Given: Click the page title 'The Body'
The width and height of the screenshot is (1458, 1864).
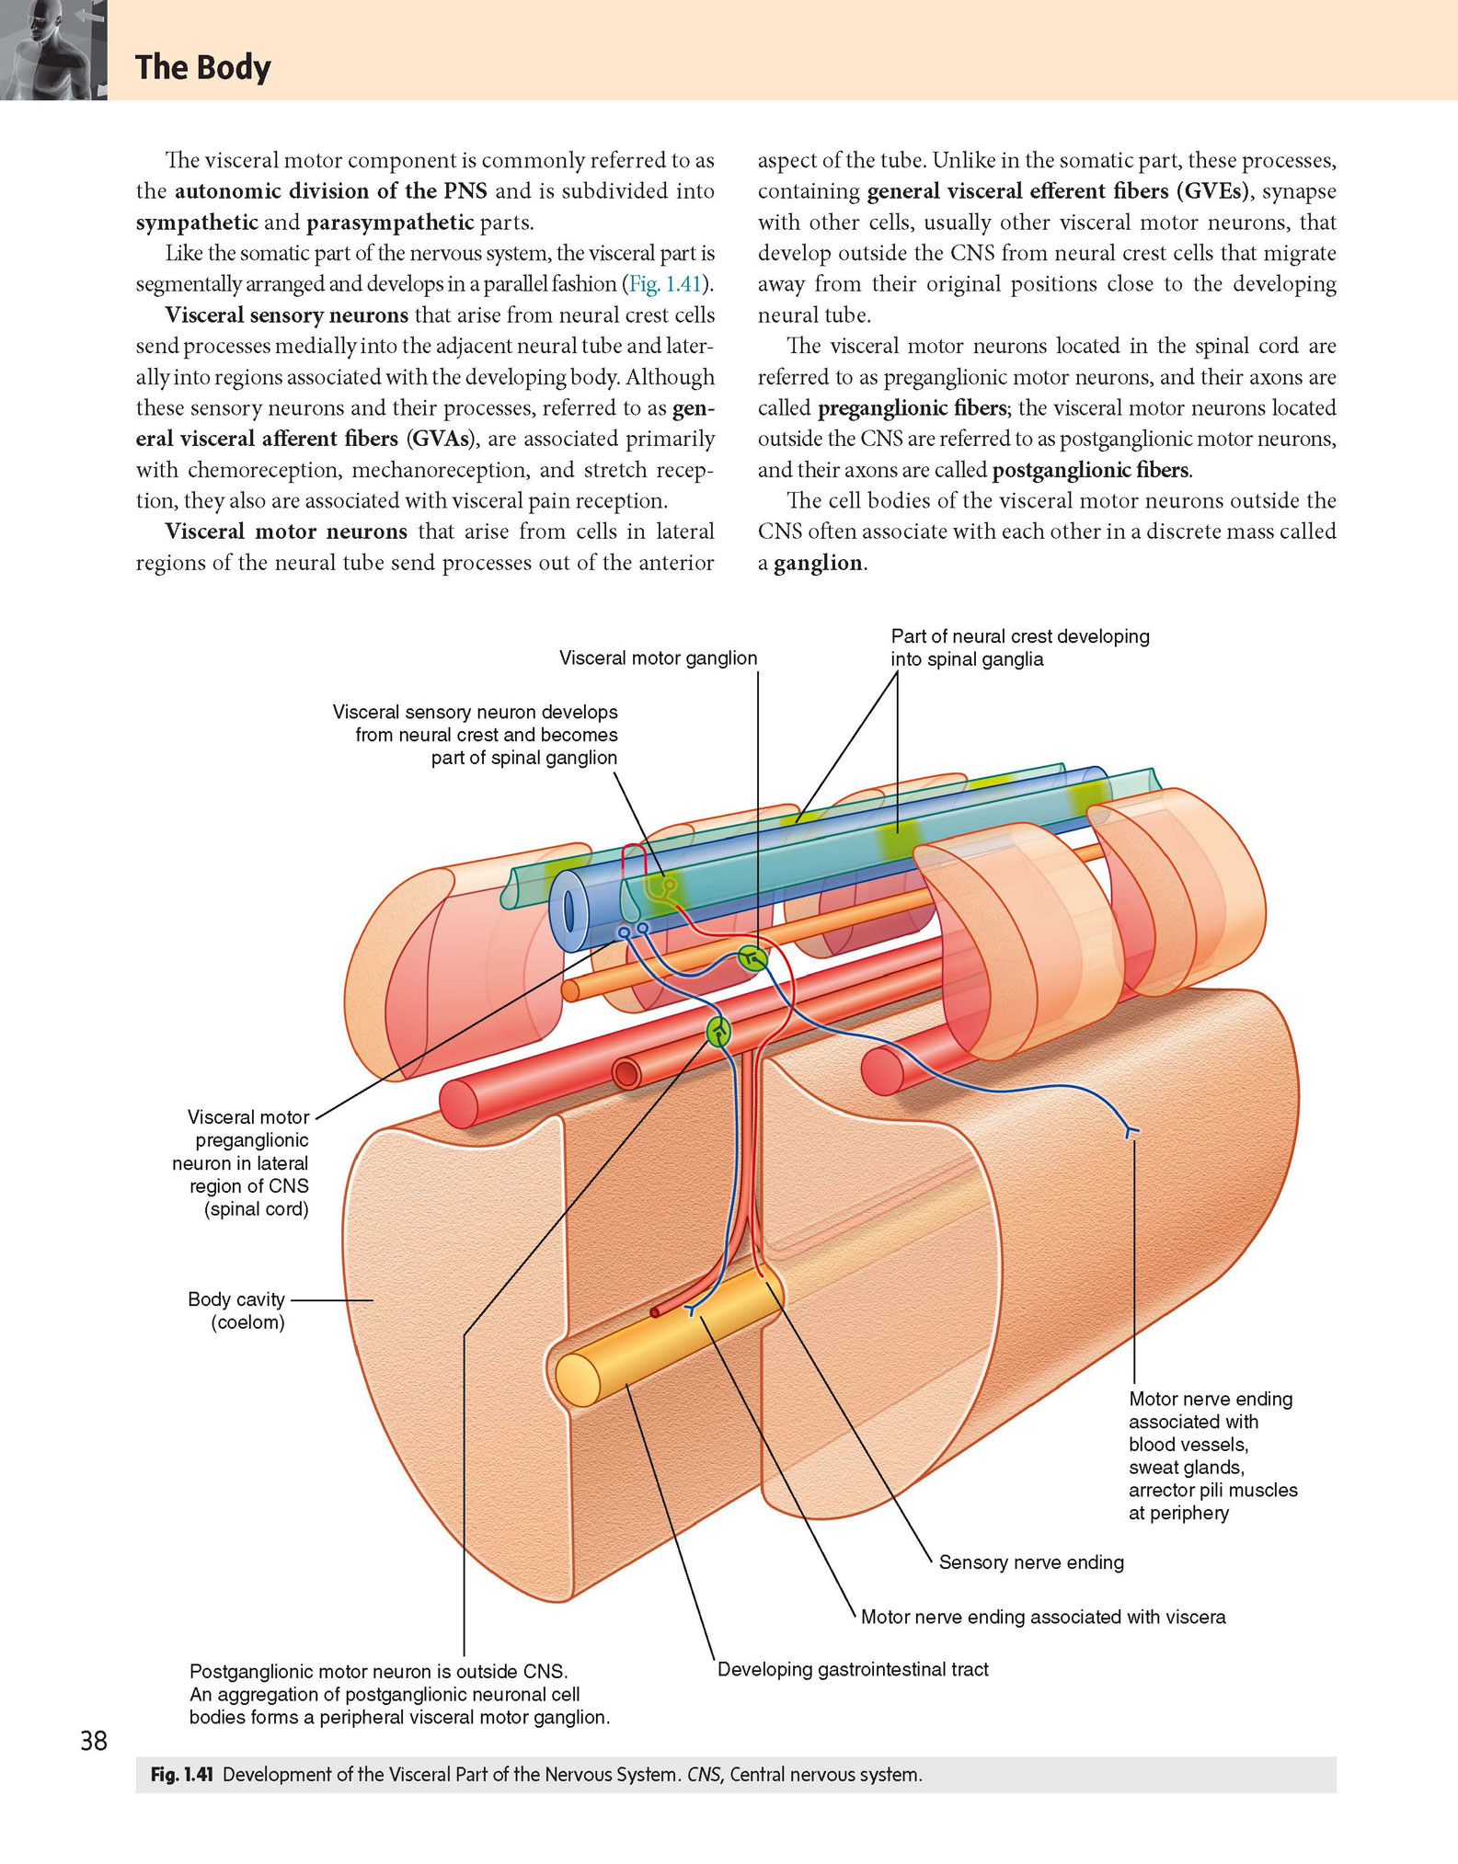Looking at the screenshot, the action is [203, 68].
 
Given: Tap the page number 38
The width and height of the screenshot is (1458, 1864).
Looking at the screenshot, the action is [94, 1740].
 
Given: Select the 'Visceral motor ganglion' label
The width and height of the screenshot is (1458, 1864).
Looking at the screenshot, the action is [658, 658].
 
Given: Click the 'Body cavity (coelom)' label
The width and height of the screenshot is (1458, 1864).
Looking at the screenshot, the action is [236, 1310].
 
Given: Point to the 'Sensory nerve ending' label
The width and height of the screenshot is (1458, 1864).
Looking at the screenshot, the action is [1031, 1562].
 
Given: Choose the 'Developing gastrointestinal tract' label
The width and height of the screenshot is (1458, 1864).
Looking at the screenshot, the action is [853, 1669].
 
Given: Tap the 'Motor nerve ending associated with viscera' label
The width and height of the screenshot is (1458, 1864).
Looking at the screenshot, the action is [1043, 1617].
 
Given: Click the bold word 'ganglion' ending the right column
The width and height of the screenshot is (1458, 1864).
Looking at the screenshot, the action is [818, 564].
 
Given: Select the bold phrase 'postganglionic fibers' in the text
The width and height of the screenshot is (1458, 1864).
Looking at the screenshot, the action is [1091, 470].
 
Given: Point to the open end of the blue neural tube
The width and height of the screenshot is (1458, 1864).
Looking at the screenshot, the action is [570, 911].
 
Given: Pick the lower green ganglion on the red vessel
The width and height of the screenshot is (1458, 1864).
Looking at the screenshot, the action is [718, 1032].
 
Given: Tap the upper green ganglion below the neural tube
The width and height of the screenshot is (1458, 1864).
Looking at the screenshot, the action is [752, 959].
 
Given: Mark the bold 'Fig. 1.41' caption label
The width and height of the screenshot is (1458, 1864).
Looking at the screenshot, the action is [181, 1775].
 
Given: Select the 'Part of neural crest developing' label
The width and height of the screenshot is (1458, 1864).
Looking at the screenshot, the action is [1020, 636].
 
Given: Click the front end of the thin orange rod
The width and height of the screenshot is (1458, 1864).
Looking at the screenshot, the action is [570, 989].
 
